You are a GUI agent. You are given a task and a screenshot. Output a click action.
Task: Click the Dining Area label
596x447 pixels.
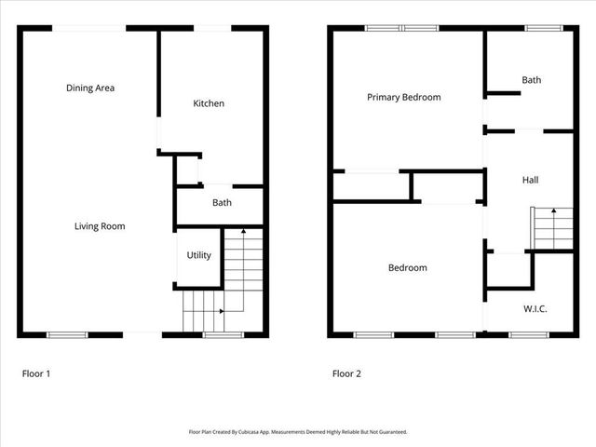[x=90, y=88]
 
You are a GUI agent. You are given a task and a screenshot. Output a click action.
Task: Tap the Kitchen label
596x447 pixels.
[x=209, y=103]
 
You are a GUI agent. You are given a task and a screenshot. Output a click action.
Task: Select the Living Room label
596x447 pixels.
[x=100, y=226]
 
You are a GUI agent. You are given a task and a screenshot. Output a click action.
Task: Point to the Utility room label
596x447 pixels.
[x=199, y=255]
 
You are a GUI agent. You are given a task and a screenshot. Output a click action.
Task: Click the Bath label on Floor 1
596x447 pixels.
[x=222, y=203]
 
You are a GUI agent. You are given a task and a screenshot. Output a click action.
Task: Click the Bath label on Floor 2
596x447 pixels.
[x=531, y=81]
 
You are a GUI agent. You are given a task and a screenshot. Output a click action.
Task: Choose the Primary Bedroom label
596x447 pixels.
[x=403, y=97]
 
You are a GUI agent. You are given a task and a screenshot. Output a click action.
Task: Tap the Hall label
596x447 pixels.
[x=530, y=180]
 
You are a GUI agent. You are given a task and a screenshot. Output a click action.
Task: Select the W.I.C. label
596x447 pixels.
[x=535, y=308]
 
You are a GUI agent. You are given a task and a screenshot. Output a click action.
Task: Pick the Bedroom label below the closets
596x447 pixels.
[x=407, y=268]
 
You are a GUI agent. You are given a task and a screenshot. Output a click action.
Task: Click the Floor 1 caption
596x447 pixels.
[x=36, y=374]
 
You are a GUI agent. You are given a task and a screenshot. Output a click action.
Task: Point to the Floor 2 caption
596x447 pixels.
[x=346, y=374]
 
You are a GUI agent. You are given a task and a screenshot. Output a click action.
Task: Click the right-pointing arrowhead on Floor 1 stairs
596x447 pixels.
[x=221, y=311]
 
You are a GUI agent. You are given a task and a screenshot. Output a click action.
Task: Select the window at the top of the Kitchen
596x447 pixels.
[x=213, y=28]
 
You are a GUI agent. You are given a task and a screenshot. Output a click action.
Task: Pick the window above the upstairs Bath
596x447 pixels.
[x=537, y=28]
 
